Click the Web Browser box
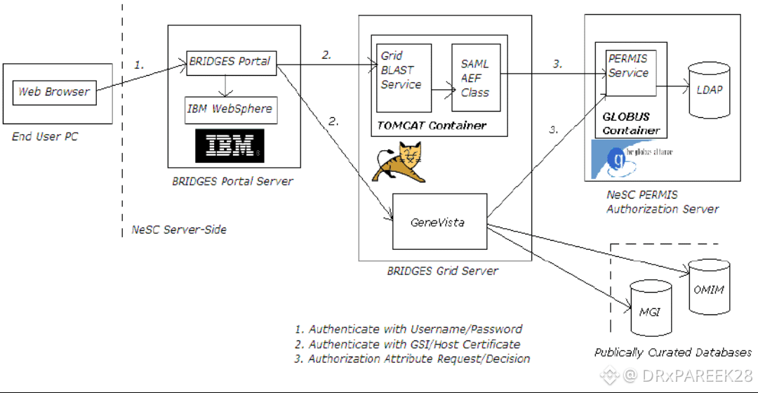click(x=54, y=92)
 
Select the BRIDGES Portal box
click(x=230, y=62)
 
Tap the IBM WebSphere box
click(x=230, y=109)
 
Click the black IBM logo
click(x=230, y=146)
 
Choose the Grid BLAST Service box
click(x=404, y=77)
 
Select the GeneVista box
click(x=438, y=222)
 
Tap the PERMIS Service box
click(x=630, y=67)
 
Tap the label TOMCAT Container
click(x=432, y=126)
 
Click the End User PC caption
click(x=45, y=137)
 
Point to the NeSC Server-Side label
click(x=179, y=229)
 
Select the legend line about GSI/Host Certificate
click(x=407, y=344)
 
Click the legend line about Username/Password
click(x=408, y=329)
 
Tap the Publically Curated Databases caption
click(x=672, y=352)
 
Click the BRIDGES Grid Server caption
click(x=442, y=271)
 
